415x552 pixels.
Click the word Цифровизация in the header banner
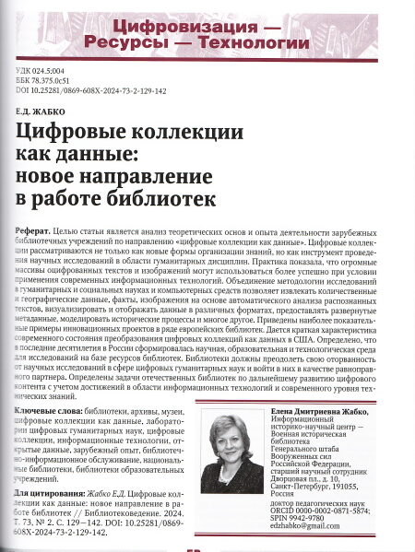(x=193, y=29)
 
